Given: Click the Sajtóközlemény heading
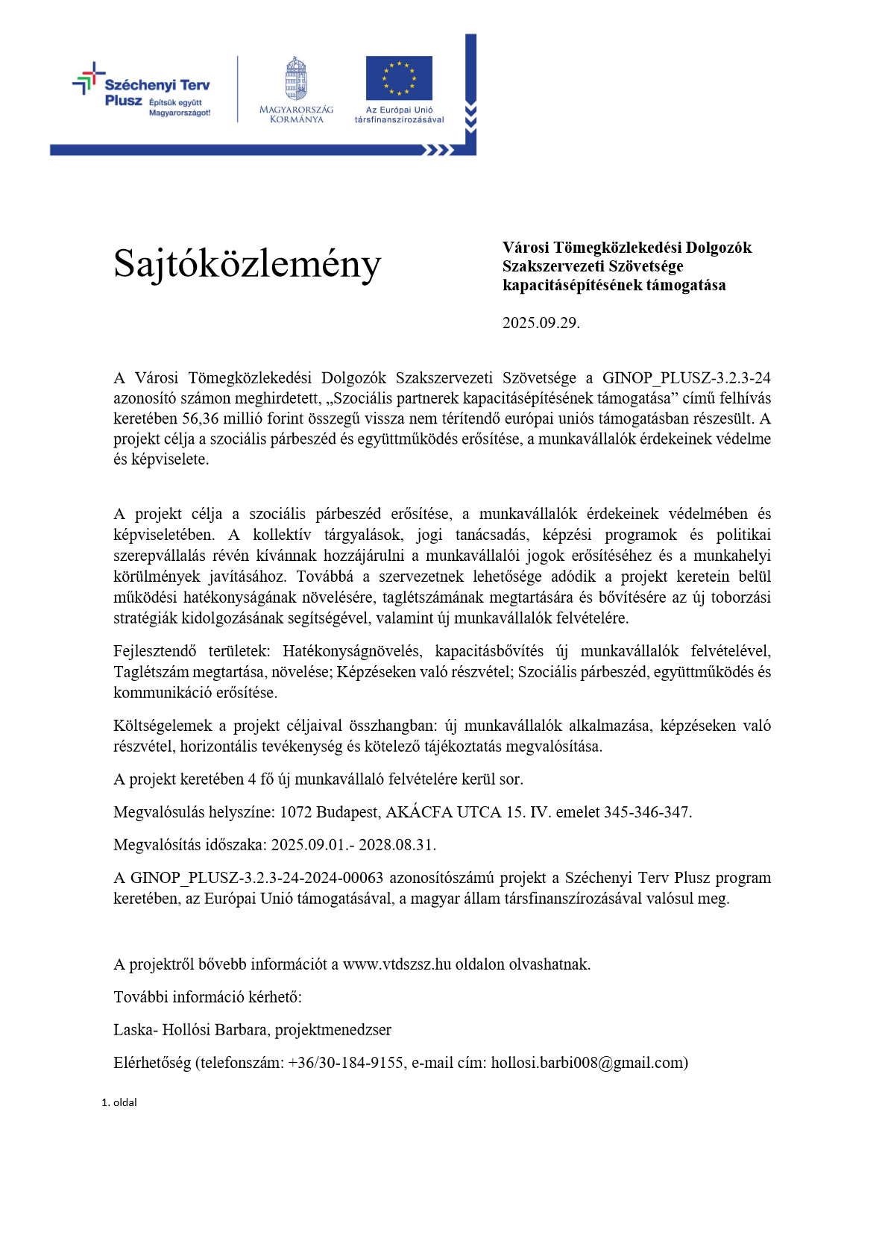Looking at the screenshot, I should tap(247, 264).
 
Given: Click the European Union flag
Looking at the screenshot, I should tap(399, 78).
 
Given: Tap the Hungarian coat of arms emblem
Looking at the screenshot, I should tap(296, 79).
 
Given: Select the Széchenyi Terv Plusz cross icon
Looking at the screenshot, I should tap(89, 78).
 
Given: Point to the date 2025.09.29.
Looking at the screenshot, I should tap(541, 323).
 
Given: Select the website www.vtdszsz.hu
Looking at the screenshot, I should tap(397, 964).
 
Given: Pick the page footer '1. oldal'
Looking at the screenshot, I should tap(119, 1102).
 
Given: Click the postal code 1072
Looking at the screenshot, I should tap(295, 812).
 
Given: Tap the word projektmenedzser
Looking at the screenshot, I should tap(333, 1030).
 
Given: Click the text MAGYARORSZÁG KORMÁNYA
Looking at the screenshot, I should tap(296, 114).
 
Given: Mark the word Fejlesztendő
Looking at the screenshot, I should tap(154, 651).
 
